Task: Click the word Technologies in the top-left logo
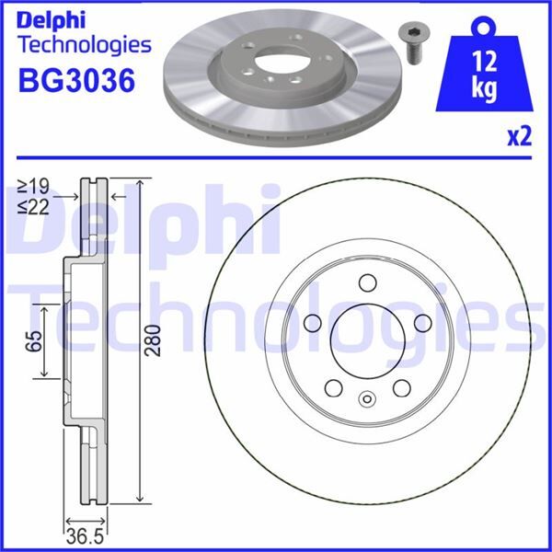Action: pyautogui.click(x=84, y=43)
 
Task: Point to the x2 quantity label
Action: pyautogui.click(x=520, y=137)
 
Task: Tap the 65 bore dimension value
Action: pyautogui.click(x=34, y=342)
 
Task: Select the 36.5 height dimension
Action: pyautogui.click(x=83, y=535)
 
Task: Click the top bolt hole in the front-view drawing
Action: pyautogui.click(x=368, y=282)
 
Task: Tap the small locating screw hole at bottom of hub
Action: pyautogui.click(x=368, y=399)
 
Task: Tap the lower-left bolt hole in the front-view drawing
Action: pyautogui.click(x=333, y=389)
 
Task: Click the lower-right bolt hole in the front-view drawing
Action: pyautogui.click(x=403, y=389)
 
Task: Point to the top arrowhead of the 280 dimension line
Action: pyautogui.click(x=139, y=183)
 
